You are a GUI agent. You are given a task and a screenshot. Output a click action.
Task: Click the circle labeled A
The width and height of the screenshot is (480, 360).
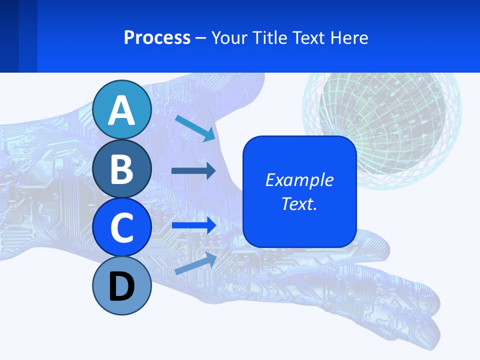(x=122, y=109)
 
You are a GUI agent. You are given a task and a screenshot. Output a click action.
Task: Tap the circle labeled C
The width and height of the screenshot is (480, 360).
(x=122, y=227)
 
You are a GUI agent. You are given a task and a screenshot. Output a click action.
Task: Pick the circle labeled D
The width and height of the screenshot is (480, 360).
(x=122, y=285)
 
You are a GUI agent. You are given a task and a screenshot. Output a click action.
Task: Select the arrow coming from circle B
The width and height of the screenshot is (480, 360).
(x=193, y=171)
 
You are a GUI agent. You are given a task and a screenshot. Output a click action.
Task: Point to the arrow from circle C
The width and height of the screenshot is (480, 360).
(x=193, y=225)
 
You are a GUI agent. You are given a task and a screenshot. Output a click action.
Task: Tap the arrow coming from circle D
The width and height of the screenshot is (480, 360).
(x=195, y=263)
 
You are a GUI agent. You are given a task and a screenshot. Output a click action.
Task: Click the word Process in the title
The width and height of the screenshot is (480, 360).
(x=157, y=38)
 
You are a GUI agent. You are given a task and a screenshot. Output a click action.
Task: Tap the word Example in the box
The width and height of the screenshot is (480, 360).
(x=299, y=180)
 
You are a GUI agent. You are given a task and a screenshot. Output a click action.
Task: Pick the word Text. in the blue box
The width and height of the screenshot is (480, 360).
(x=299, y=203)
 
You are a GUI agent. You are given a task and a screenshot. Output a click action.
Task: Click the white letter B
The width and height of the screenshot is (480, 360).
(x=122, y=168)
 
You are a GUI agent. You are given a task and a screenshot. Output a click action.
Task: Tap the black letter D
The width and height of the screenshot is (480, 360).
(x=122, y=286)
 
